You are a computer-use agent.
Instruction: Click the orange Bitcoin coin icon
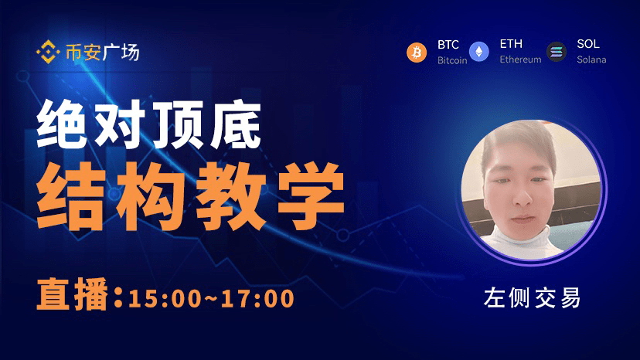417,53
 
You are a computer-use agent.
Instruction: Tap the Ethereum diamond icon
478,52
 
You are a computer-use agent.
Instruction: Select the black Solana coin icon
557,52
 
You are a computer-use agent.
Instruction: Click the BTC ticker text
448,45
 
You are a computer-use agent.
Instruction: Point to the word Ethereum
520,59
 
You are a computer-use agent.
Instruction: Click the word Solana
591,59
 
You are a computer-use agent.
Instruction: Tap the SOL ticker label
587,44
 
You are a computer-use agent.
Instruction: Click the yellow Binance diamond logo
48,52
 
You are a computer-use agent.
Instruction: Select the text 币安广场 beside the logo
103,53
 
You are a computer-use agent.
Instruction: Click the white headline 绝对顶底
149,124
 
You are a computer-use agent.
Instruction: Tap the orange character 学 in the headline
311,195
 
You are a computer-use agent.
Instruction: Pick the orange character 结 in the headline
70,195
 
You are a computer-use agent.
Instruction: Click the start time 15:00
165,298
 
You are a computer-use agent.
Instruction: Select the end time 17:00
257,298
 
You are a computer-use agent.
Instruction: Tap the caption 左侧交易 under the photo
532,297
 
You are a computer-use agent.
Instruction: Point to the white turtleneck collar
520,236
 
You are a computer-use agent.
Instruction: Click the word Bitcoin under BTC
452,60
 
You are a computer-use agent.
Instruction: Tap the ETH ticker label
511,44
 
